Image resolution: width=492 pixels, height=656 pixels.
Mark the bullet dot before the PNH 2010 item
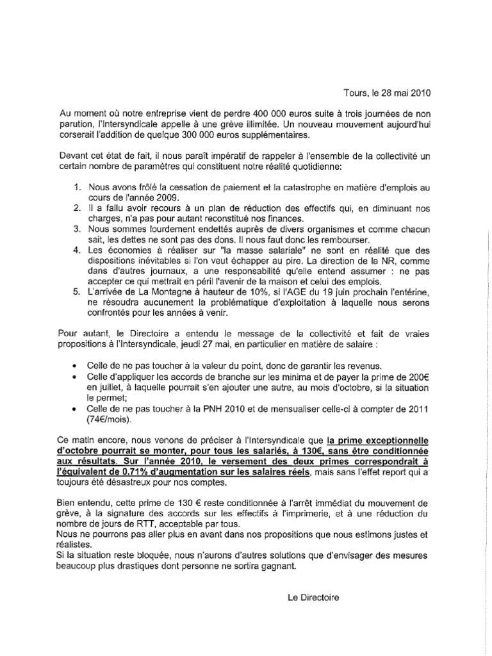(x=77, y=409)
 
